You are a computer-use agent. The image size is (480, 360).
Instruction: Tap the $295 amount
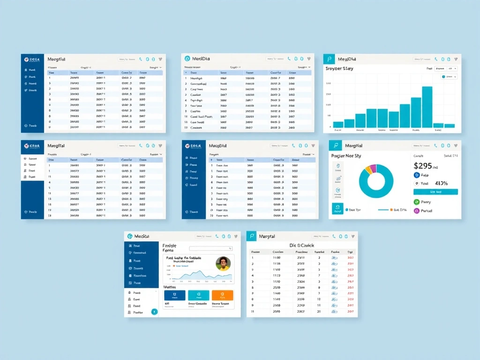coord(423,165)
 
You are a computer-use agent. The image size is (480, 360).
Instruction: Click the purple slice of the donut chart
coord(373,168)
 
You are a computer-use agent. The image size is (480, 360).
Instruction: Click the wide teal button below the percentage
coord(435,192)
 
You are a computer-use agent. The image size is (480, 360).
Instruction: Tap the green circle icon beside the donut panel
coord(416,202)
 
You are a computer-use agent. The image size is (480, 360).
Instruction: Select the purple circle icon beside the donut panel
coord(416,211)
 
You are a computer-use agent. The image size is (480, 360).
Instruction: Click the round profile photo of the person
coord(223,263)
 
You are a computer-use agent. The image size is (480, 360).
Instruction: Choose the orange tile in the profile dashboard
coord(222,295)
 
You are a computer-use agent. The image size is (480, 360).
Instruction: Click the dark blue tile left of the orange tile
coord(174,295)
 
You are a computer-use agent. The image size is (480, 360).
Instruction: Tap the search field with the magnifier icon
coord(210,248)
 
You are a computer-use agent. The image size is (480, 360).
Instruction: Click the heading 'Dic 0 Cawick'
coord(301,245)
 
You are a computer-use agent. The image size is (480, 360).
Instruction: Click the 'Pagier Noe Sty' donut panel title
coord(346,156)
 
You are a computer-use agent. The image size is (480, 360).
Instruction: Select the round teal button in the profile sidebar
coord(154,312)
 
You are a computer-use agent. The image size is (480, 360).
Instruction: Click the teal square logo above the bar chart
coord(330,59)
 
